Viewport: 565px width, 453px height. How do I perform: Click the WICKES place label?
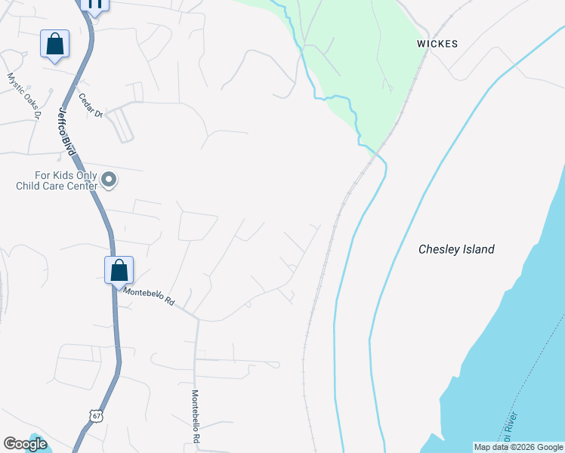pyautogui.click(x=437, y=44)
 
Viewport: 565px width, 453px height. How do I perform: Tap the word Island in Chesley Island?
pyautogui.click(x=478, y=249)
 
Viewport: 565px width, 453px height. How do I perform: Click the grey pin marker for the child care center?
pyautogui.click(x=110, y=180)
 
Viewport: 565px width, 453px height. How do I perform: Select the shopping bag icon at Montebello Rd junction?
pyautogui.click(x=119, y=270)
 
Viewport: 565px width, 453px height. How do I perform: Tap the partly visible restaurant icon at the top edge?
pyautogui.click(x=94, y=4)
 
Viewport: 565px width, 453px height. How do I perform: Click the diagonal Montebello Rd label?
pyautogui.click(x=149, y=295)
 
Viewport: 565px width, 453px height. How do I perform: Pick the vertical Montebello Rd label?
pyautogui.click(x=195, y=416)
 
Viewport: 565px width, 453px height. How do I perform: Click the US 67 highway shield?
pyautogui.click(x=94, y=416)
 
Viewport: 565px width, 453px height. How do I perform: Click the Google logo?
pyautogui.click(x=25, y=444)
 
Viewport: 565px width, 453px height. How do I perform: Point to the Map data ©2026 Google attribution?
pyautogui.click(x=518, y=447)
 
